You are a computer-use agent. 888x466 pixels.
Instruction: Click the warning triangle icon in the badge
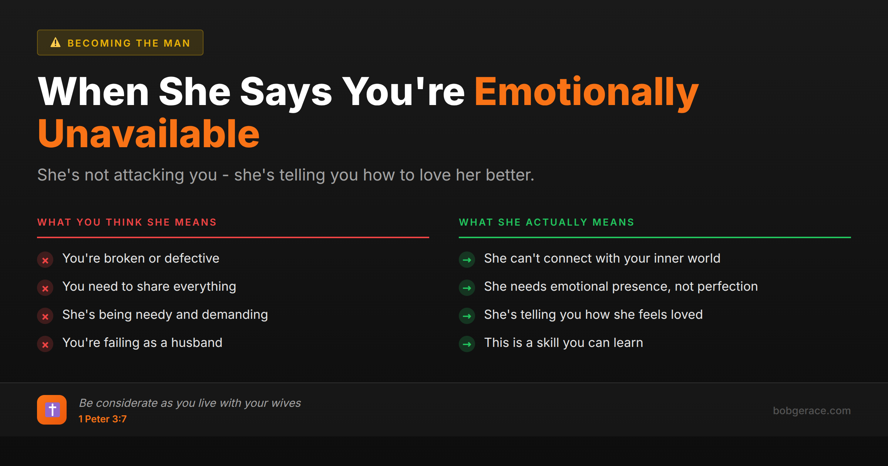(55, 43)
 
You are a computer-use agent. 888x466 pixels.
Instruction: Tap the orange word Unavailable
(148, 134)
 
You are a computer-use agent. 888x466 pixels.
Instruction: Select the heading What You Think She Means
(127, 222)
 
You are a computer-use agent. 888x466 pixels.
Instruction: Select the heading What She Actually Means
(546, 222)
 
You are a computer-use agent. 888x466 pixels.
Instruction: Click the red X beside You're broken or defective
(45, 260)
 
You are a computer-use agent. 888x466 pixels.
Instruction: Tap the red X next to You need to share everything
(45, 288)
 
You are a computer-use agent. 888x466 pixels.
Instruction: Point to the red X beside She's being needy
(45, 316)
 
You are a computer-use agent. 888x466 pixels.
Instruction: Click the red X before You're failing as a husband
(45, 344)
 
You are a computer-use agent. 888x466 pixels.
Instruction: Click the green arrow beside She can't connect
(467, 260)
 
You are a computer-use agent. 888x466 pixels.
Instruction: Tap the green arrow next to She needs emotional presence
(467, 288)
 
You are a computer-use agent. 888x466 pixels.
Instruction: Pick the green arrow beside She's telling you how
(467, 316)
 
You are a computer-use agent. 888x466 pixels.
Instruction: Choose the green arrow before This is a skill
(467, 344)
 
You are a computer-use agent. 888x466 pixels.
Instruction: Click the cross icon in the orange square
(52, 410)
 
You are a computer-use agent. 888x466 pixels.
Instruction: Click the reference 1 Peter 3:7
(102, 419)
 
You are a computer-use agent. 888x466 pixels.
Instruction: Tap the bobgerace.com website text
(811, 411)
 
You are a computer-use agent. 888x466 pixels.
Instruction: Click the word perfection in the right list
(727, 287)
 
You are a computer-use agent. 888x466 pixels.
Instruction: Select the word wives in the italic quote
(286, 403)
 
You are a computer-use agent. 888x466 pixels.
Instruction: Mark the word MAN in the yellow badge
(177, 43)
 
